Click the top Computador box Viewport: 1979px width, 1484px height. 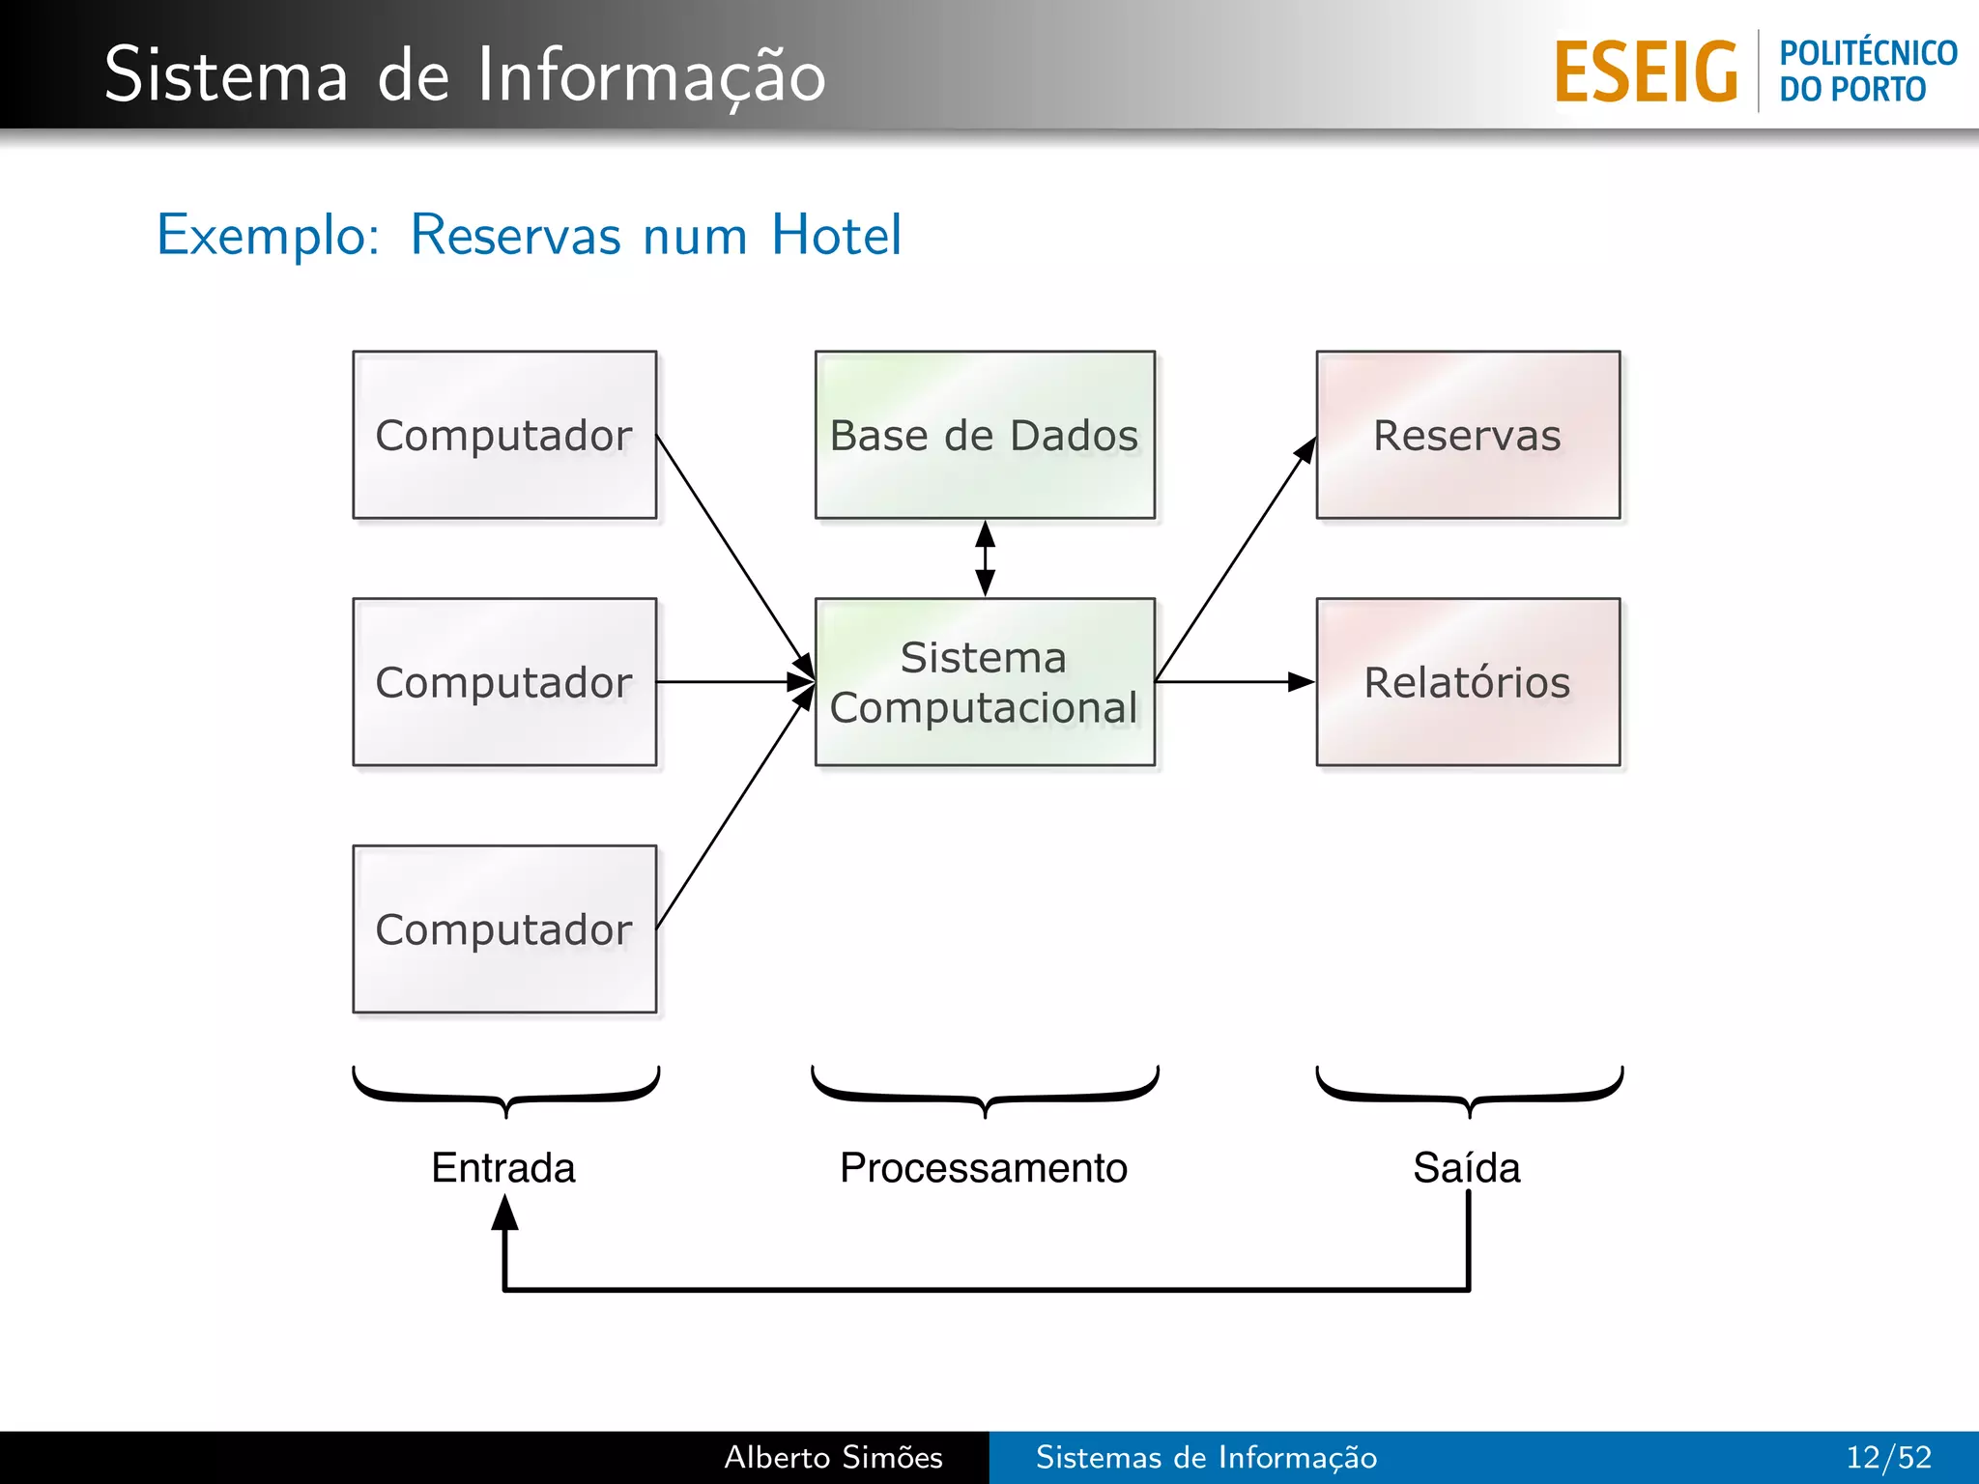504,435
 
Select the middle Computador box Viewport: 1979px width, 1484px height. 504,682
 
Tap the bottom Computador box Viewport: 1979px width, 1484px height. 504,929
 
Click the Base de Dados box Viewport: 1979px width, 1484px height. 985,435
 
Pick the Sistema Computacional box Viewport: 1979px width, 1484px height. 985,682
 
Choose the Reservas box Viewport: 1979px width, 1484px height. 1468,435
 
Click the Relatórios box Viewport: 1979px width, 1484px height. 1468,682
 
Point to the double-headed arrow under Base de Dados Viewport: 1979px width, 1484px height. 985,558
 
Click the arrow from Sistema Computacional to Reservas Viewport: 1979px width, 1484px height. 1237,558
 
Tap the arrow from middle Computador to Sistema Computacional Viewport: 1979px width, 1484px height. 734,682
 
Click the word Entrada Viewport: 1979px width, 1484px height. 503,1168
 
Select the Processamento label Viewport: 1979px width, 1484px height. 984,1168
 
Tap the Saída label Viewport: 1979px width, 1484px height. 1467,1168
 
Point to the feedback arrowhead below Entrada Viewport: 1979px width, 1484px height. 504,1213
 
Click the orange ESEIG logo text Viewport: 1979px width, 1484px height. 1646,72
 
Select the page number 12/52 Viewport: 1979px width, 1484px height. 1888,1457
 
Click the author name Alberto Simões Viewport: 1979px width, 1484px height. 833,1457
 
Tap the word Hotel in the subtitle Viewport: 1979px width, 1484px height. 837,235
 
